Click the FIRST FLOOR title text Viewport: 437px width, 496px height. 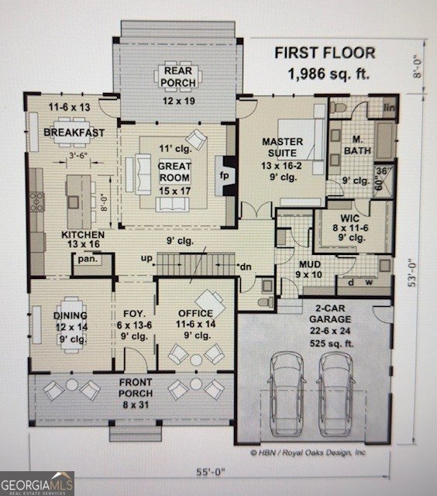click(x=325, y=53)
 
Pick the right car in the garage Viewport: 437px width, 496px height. click(x=335, y=394)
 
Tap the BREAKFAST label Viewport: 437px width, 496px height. click(x=74, y=133)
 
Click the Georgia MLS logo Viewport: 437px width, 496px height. click(x=37, y=483)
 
